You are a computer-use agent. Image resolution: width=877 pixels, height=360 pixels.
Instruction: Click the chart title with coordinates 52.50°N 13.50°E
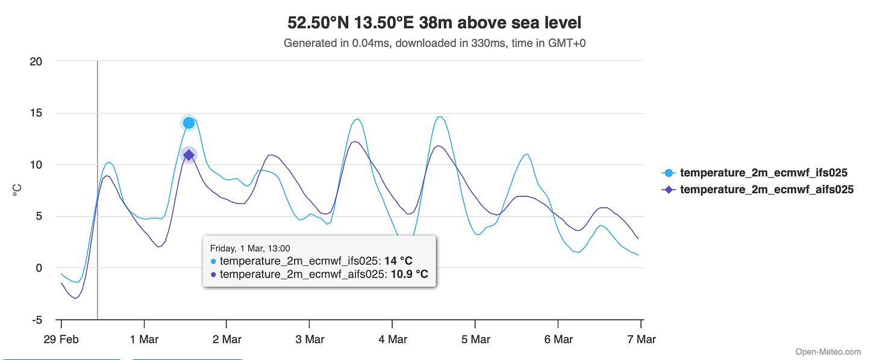tap(434, 23)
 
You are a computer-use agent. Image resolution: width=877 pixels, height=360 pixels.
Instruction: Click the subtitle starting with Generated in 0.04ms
tap(434, 43)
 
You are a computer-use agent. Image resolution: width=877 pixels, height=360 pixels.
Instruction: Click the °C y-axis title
tap(17, 190)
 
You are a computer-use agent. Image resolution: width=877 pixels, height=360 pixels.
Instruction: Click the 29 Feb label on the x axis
tap(61, 340)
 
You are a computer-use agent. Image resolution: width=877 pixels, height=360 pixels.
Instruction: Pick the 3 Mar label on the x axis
tap(310, 340)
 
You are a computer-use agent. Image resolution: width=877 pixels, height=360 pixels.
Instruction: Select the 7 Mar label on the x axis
tap(641, 340)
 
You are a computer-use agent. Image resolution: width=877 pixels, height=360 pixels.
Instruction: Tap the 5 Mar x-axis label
tap(476, 340)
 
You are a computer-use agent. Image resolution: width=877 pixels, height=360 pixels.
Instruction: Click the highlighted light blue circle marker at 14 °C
tap(189, 123)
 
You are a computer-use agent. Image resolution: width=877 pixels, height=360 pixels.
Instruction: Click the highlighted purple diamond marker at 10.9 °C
tap(189, 155)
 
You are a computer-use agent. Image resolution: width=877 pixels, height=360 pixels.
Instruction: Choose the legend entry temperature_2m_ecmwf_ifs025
tap(763, 173)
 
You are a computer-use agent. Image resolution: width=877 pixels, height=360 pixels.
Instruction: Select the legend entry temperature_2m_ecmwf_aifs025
tap(766, 190)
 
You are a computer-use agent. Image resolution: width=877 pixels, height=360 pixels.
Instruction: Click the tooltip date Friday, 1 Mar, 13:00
tap(250, 248)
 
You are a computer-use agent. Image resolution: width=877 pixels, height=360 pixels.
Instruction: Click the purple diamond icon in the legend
tap(667, 190)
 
